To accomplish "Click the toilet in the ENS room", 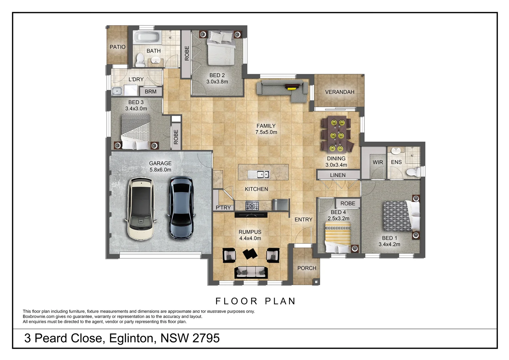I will tap(411, 172).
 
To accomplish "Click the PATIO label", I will tap(118, 47).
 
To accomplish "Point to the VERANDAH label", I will tap(339, 92).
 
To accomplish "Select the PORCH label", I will tap(306, 268).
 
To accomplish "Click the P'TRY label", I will tap(223, 208).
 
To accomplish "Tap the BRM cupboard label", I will tap(151, 92).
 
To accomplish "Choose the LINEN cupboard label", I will tap(337, 175).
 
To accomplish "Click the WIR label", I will tap(377, 162).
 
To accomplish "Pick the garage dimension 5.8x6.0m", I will tap(160, 170).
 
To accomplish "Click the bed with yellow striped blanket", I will tap(338, 239).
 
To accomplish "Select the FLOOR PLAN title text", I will tap(255, 301).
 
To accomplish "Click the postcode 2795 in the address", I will tap(206, 338).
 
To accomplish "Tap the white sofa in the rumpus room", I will tap(251, 272).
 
